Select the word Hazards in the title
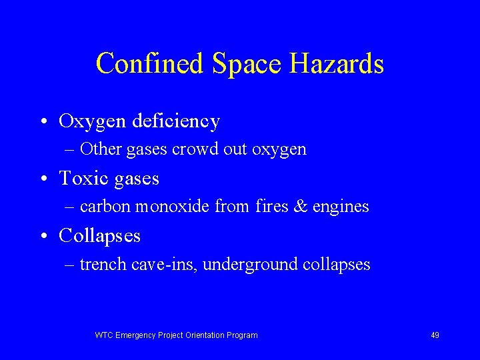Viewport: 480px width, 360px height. point(337,64)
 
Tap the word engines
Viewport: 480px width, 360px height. point(340,207)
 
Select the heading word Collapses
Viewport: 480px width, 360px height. point(100,236)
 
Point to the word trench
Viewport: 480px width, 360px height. point(103,265)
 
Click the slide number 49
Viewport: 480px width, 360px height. point(435,335)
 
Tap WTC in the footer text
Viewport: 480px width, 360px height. point(104,335)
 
